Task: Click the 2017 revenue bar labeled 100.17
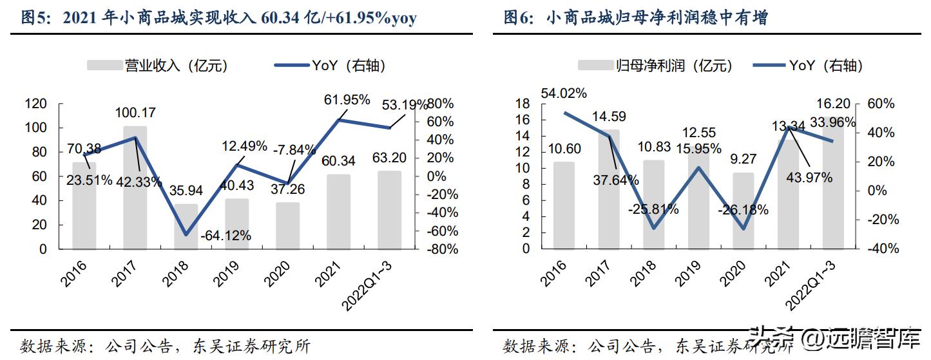[135, 193]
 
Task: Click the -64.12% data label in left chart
[226, 236]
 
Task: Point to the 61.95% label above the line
[347, 100]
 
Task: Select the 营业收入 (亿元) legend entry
[157, 65]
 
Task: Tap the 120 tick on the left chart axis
[35, 104]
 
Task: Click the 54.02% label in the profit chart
[564, 93]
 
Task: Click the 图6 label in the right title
[519, 18]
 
